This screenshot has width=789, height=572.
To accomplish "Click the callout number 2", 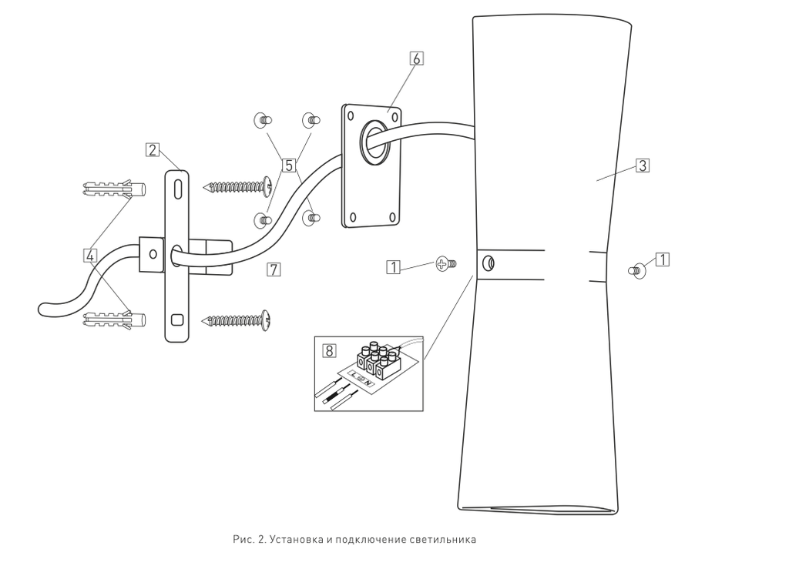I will [153, 150].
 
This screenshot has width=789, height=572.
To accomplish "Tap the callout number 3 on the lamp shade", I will [642, 165].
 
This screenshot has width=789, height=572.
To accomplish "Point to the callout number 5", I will [289, 165].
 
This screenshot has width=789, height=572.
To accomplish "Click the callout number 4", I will [92, 253].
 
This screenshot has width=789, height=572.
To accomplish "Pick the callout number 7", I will [273, 269].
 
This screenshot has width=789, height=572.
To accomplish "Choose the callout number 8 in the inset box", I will [329, 350].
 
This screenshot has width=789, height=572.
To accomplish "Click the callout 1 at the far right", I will [661, 259].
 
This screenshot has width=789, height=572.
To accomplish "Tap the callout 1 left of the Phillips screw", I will [394, 267].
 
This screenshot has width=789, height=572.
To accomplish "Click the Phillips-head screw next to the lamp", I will [445, 264].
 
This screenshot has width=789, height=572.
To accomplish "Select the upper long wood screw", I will [238, 186].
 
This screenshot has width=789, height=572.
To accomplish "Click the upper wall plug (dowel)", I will [112, 188].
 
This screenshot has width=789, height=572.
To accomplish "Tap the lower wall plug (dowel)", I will [112, 318].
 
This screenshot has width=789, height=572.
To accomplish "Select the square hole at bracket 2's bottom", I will [177, 319].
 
